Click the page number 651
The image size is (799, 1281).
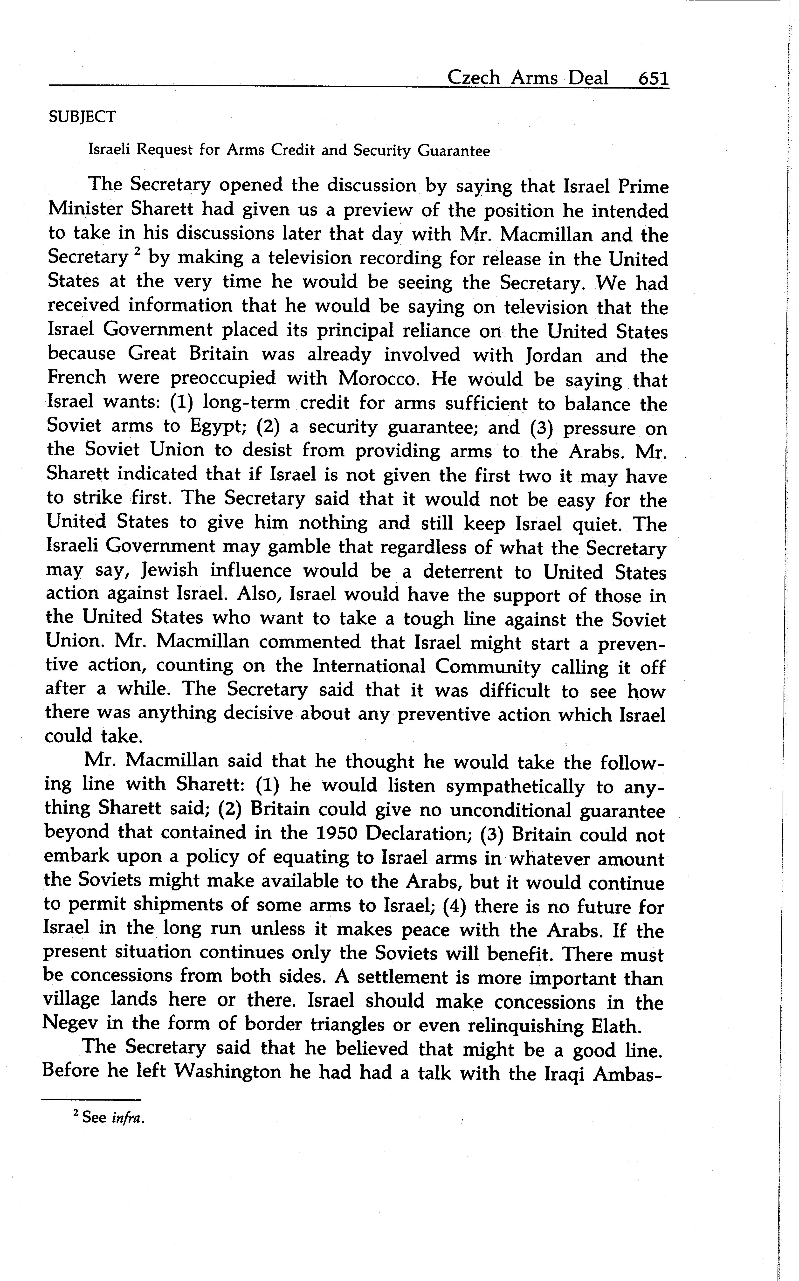[653, 78]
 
